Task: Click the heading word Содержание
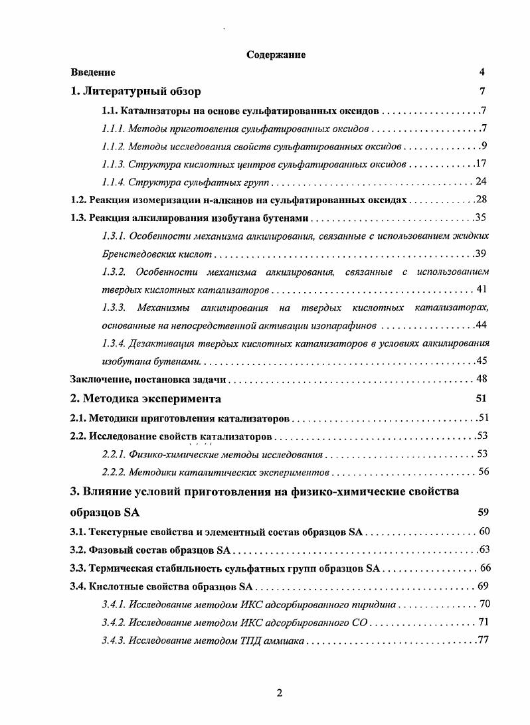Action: click(276, 55)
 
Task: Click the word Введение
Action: click(93, 72)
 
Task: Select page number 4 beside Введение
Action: click(482, 72)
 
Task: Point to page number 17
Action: click(482, 163)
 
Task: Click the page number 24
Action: click(482, 181)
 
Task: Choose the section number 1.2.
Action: click(78, 199)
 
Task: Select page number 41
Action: click(483, 290)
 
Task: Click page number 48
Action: click(482, 379)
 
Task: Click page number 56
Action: click(482, 472)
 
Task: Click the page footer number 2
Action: click(280, 693)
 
